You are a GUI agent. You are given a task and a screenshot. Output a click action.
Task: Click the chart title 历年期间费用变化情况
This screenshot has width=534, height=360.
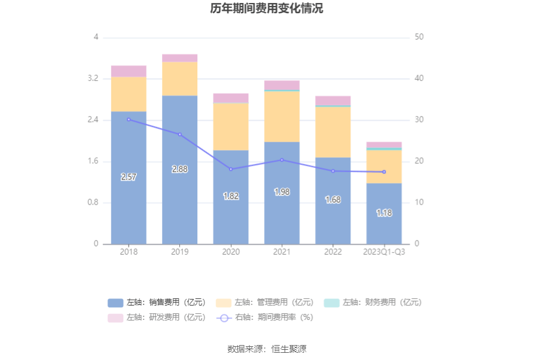267,9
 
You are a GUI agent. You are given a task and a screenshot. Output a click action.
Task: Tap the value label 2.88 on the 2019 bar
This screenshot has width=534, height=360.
179,169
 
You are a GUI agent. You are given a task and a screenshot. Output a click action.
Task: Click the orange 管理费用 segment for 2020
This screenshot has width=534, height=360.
231,127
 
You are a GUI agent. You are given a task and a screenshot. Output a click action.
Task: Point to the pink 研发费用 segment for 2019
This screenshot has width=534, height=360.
179,58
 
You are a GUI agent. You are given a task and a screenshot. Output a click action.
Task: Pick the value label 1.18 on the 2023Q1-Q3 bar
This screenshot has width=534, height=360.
384,213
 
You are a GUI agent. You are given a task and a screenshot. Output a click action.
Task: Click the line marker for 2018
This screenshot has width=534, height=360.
129,120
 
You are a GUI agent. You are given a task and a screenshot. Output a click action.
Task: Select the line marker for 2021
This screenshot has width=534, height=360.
282,160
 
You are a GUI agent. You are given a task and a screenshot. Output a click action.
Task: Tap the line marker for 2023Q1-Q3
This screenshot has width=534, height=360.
384,172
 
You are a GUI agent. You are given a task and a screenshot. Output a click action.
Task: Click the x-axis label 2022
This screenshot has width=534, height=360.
332,252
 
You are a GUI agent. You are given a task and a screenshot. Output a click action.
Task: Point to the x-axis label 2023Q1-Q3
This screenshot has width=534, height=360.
384,252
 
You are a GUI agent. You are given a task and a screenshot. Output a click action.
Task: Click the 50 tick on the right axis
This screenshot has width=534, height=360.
419,37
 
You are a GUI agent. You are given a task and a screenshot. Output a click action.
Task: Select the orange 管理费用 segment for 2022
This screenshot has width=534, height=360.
332,132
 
